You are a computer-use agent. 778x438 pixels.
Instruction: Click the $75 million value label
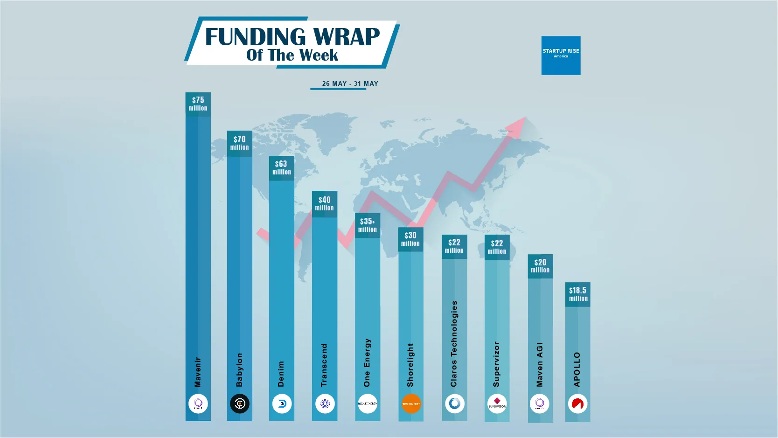pyautogui.click(x=198, y=104)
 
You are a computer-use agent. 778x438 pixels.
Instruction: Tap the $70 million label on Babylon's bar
pyautogui.click(x=239, y=143)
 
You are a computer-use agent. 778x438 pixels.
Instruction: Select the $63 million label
pyautogui.click(x=281, y=167)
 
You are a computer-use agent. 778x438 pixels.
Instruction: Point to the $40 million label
pyautogui.click(x=324, y=203)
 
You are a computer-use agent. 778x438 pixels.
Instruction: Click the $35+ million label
pyautogui.click(x=368, y=225)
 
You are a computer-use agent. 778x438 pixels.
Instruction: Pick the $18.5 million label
pyautogui.click(x=578, y=294)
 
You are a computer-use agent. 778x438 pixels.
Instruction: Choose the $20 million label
pyautogui.click(x=540, y=266)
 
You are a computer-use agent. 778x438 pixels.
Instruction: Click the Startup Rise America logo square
pyautogui.click(x=561, y=56)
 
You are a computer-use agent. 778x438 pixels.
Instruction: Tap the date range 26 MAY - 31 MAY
pyautogui.click(x=350, y=83)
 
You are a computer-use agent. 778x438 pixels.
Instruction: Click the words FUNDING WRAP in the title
pyautogui.click(x=292, y=37)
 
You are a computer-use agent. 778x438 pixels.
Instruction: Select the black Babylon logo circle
pyautogui.click(x=240, y=403)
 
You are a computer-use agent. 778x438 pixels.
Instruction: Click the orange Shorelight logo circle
pyautogui.click(x=411, y=403)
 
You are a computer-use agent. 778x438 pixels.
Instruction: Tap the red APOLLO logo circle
pyautogui.click(x=577, y=403)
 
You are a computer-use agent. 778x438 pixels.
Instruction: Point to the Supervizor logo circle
pyautogui.click(x=497, y=403)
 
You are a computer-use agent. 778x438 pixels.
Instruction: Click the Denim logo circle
pyautogui.click(x=282, y=403)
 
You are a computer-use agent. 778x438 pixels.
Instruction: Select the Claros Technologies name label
pyautogui.click(x=454, y=344)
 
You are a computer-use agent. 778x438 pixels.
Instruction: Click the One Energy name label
pyautogui.click(x=367, y=362)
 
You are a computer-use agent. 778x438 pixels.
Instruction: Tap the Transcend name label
pyautogui.click(x=324, y=365)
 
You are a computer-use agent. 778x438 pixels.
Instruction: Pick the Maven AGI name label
pyautogui.click(x=540, y=365)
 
